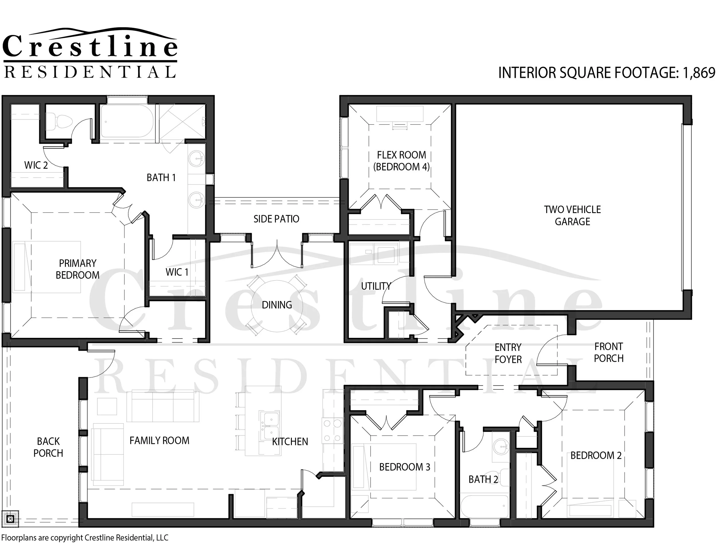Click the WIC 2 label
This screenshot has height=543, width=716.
(36, 165)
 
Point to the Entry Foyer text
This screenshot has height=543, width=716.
(508, 353)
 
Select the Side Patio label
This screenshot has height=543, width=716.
(276, 219)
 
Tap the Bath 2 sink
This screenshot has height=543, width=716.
(501, 446)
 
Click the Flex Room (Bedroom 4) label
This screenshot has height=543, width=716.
(401, 161)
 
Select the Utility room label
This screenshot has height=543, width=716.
(376, 286)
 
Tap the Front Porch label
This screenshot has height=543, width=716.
(609, 352)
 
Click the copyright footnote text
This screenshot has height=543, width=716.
(85, 538)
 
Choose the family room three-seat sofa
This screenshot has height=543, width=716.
(162, 406)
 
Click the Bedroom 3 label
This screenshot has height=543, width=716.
(404, 467)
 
